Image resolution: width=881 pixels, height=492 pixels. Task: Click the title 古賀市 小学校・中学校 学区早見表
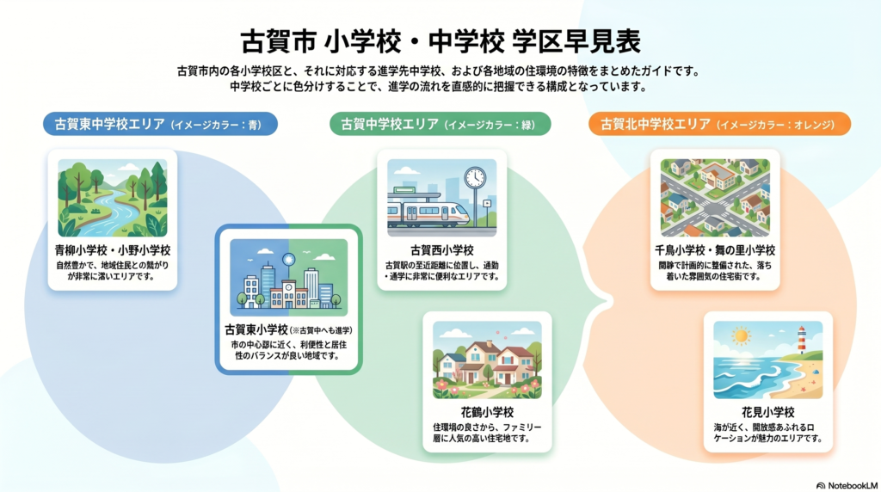tap(440, 41)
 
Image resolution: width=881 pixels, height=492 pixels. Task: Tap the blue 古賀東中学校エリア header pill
tap(160, 124)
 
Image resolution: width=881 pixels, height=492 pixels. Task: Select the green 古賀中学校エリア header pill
tap(440, 124)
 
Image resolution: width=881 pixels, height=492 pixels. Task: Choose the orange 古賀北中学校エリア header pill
tap(720, 124)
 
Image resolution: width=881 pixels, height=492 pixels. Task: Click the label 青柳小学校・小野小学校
tap(113, 250)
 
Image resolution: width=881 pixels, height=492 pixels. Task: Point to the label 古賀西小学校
tap(441, 250)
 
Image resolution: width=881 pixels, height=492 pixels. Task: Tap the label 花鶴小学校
tap(487, 412)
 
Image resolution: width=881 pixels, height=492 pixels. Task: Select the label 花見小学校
tap(768, 412)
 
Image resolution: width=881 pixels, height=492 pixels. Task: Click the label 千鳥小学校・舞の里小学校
tap(715, 250)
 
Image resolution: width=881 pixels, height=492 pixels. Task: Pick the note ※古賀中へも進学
tap(322, 330)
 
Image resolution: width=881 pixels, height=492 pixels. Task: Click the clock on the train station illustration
tap(475, 177)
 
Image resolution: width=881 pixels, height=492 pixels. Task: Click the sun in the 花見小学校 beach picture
tap(741, 336)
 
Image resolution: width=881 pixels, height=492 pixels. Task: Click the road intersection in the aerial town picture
tap(713, 210)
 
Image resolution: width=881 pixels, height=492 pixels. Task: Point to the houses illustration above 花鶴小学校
tap(487, 360)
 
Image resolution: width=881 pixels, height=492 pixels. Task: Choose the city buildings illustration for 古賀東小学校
tap(289, 278)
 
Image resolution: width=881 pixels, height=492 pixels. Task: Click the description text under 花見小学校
tap(768, 433)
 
